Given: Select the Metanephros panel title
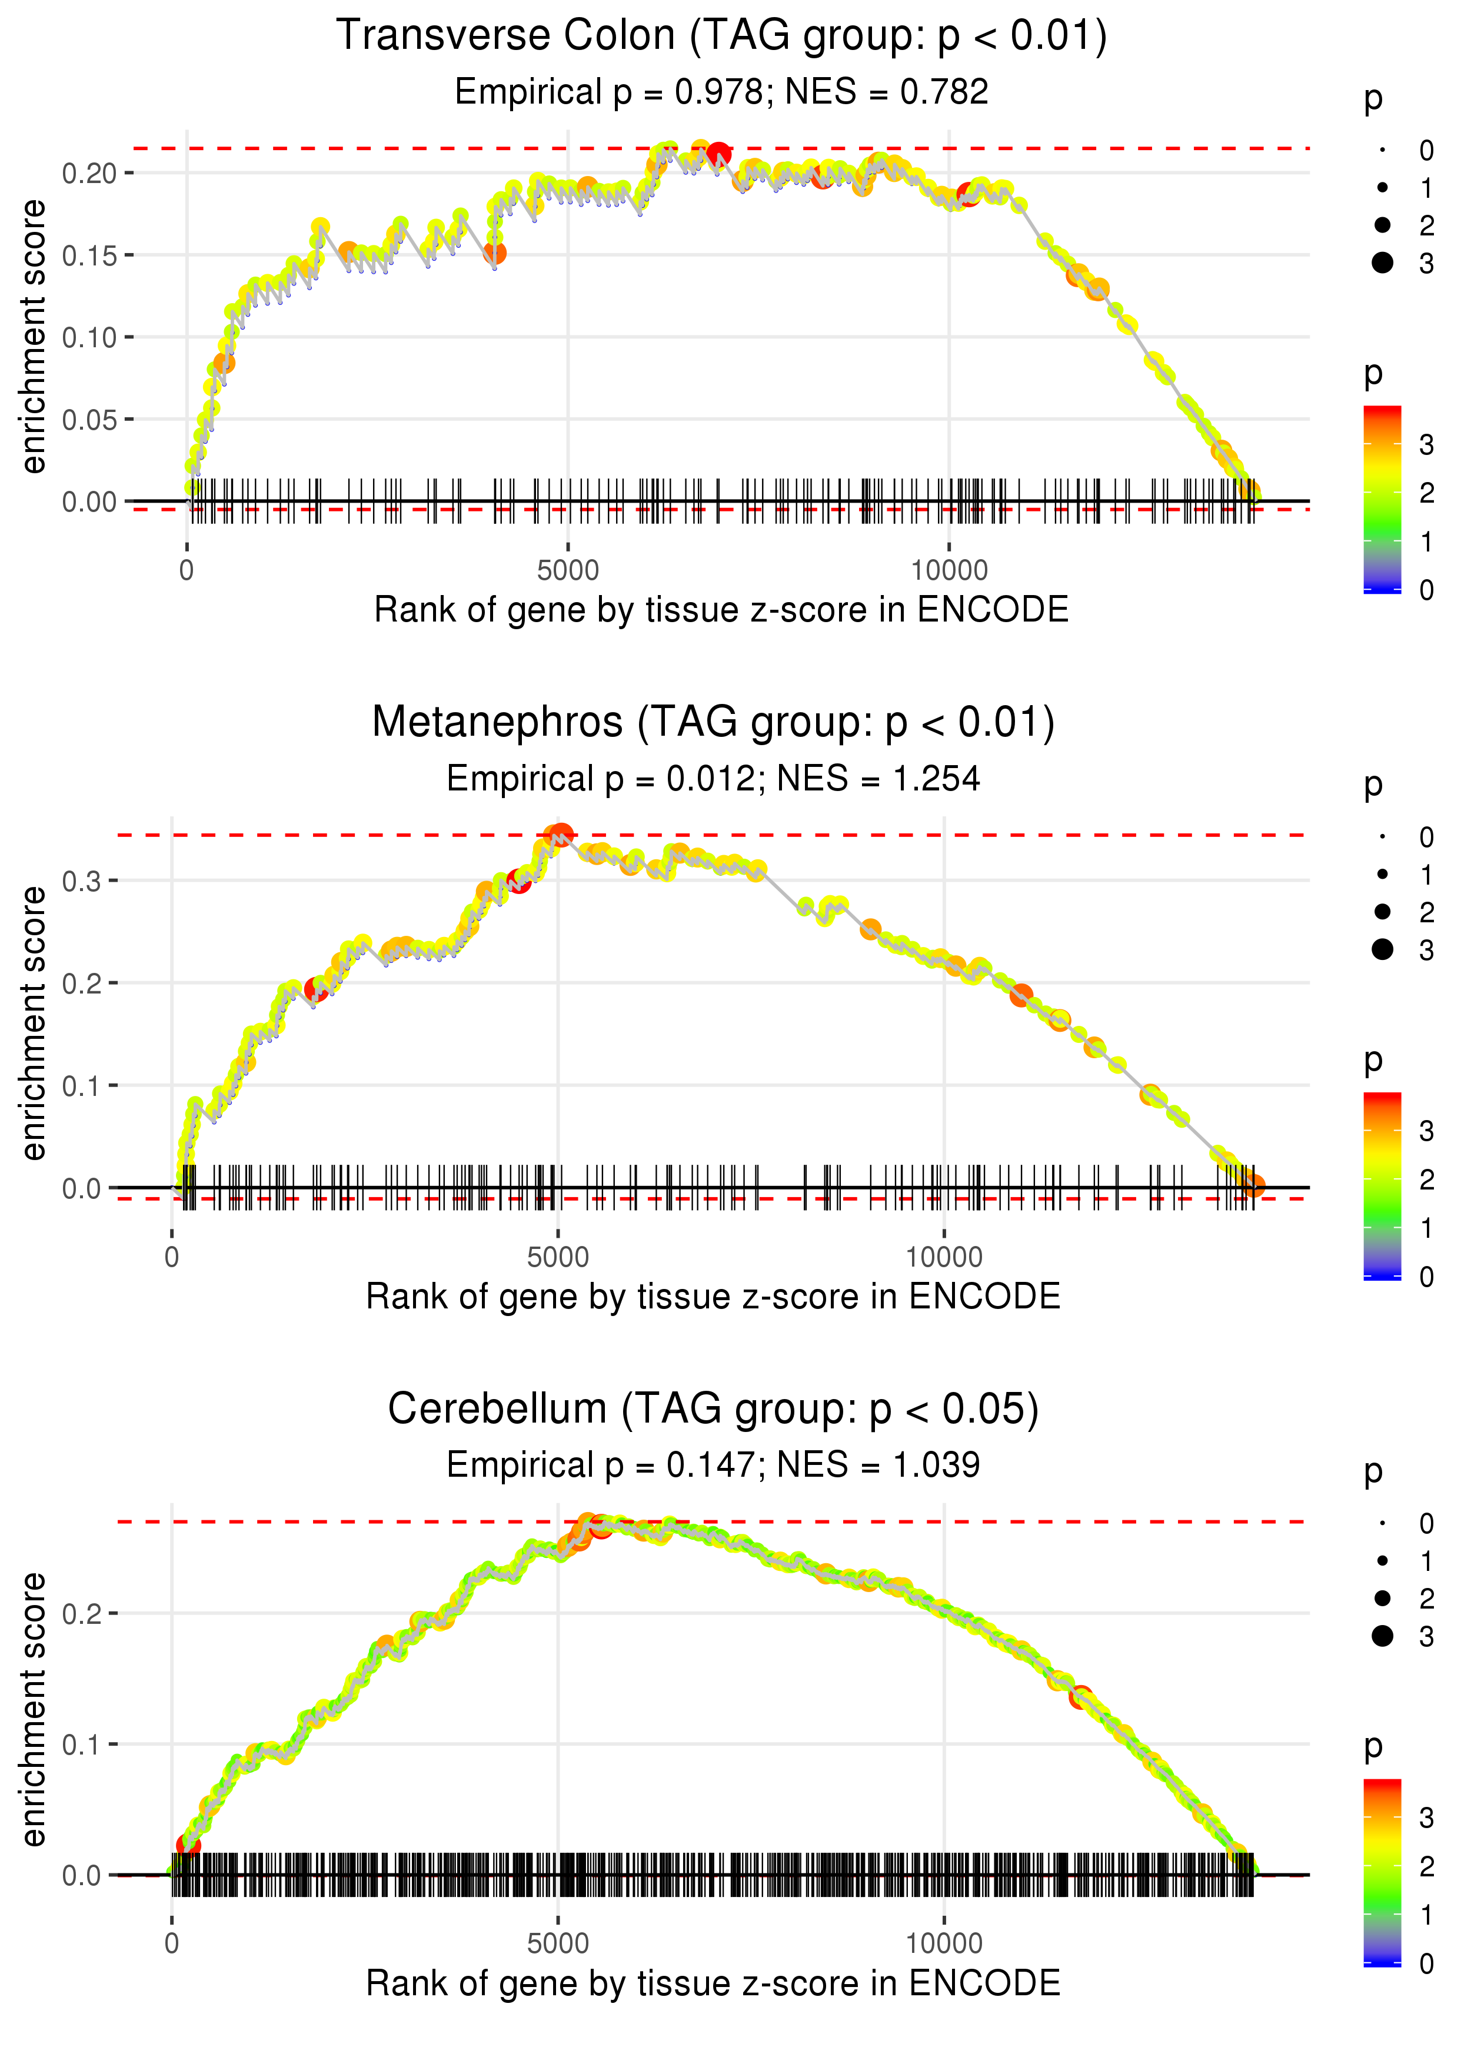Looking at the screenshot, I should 713,723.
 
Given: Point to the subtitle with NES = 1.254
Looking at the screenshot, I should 713,779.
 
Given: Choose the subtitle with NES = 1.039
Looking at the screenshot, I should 713,1465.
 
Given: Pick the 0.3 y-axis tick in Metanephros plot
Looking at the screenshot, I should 82,881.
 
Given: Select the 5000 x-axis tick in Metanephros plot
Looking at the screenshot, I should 558,1257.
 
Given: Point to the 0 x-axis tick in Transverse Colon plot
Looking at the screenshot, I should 187,571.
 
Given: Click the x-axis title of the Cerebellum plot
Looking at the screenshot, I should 713,1984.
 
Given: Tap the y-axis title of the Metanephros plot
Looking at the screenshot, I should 34,1024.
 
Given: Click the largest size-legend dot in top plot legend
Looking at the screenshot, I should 1382,263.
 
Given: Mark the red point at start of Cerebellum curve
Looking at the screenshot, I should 188,1846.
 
